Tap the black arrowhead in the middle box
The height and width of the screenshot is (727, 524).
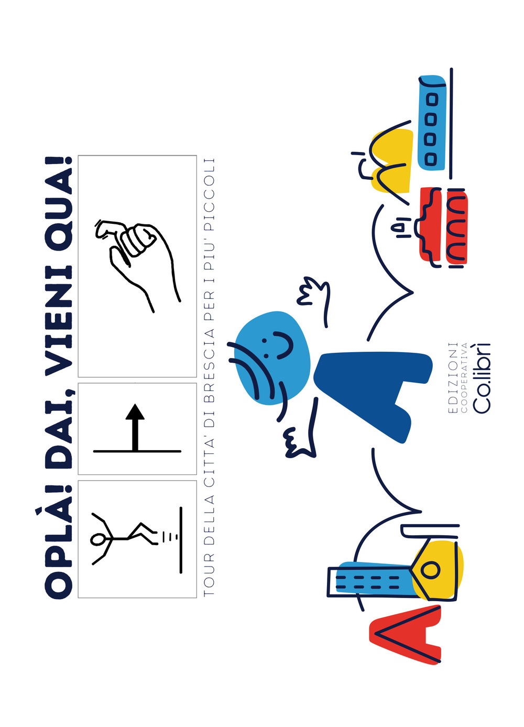[135, 411]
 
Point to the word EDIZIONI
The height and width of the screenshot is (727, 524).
[452, 378]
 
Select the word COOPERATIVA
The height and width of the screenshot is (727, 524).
[464, 378]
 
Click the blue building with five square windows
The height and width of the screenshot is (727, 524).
[432, 123]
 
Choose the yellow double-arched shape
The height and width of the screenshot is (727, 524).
[392, 161]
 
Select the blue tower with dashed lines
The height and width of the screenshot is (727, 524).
[373, 578]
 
